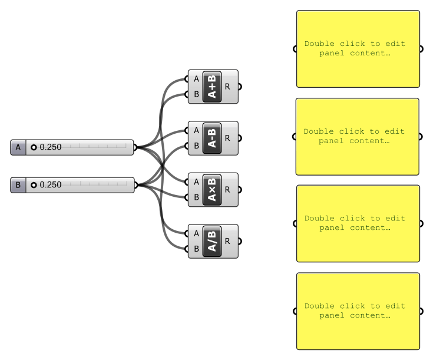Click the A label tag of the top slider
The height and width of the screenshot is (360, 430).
coord(18,147)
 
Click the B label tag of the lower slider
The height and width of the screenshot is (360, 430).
coord(18,185)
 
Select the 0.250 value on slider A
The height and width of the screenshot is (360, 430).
coord(51,147)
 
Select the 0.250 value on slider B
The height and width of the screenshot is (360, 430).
coord(51,185)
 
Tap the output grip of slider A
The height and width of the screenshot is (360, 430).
coord(135,147)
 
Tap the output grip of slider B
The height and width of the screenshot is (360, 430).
coord(135,185)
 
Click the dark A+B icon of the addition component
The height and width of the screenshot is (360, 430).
coord(212,87)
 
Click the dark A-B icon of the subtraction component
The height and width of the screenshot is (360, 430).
coord(212,138)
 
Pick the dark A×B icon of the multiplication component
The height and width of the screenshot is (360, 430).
coord(212,190)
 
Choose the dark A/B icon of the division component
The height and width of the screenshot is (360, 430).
coord(212,241)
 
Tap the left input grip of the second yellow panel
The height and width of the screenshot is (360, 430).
coord(295,137)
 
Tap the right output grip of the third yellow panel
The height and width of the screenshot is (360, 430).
coord(421,223)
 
